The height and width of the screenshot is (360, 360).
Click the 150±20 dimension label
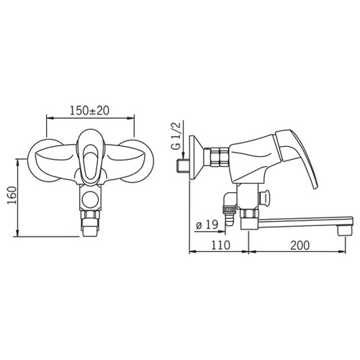click(89, 110)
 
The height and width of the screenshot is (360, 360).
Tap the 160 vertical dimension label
click(12, 195)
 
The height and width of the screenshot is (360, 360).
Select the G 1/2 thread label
click(177, 136)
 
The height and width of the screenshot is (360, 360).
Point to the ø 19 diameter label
click(207, 225)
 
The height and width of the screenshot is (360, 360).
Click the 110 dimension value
click(220, 245)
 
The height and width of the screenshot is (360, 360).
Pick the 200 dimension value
click(300, 245)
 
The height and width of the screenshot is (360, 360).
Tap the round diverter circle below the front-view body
click(90, 199)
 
